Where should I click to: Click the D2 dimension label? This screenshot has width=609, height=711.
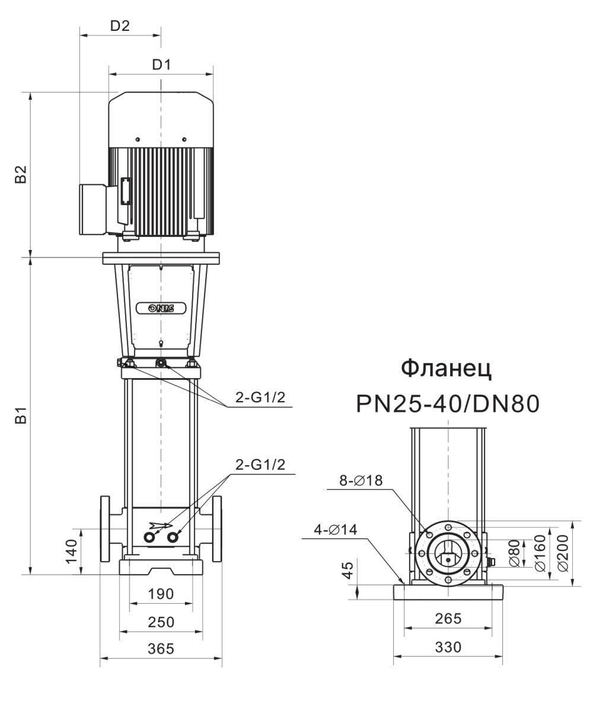click(x=120, y=26)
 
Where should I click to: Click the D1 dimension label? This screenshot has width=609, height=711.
click(x=161, y=65)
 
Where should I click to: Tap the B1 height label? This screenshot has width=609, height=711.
click(x=21, y=415)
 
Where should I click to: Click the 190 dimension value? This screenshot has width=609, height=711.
click(x=161, y=594)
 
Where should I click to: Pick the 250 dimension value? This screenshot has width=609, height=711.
click(x=161, y=622)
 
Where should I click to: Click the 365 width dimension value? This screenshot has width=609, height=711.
click(x=161, y=649)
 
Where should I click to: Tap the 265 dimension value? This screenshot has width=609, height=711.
click(x=448, y=619)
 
